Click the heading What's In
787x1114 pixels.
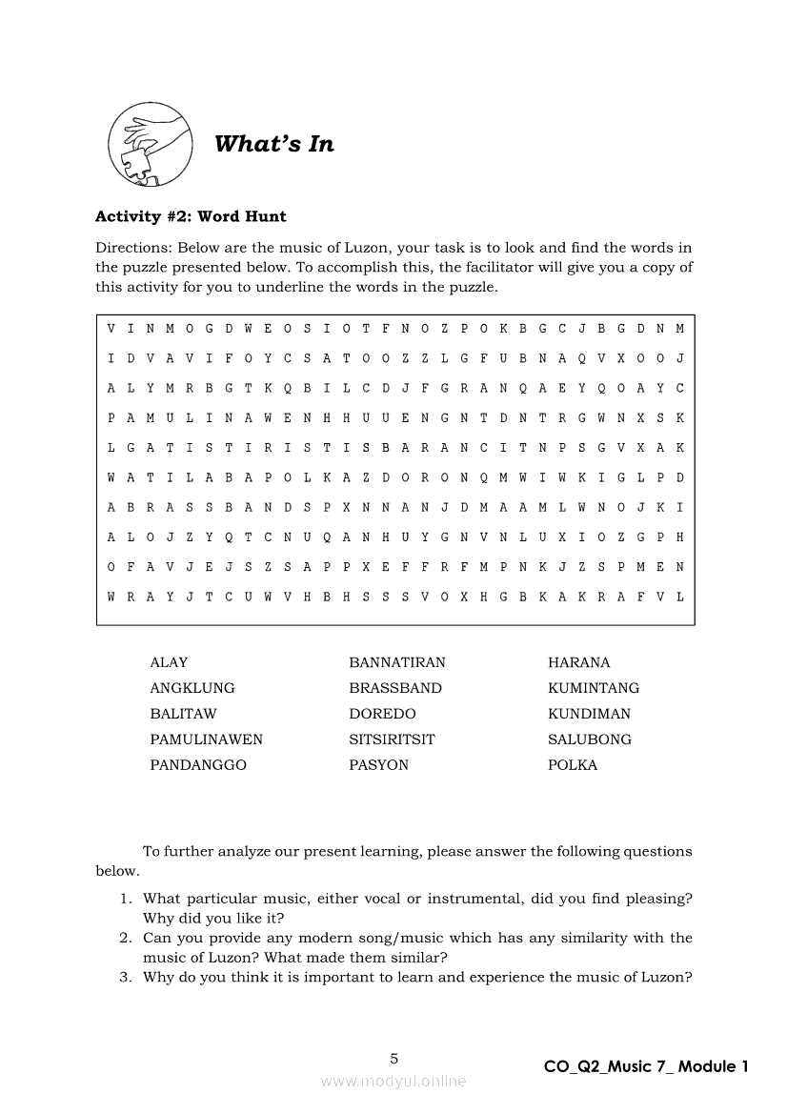(274, 144)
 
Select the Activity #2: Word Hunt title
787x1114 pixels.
(191, 216)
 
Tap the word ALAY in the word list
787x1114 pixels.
(169, 662)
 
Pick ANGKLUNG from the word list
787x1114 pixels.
(192, 688)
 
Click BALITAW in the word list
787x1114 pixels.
(183, 714)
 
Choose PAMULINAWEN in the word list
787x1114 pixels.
(206, 739)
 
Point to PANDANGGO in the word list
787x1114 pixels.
(197, 765)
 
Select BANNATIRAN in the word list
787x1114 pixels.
(396, 662)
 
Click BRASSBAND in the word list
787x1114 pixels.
(395, 688)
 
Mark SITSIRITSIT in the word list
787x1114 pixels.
(392, 739)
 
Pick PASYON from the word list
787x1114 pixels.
(378, 765)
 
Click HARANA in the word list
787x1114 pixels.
(578, 662)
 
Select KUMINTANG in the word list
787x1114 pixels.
(594, 688)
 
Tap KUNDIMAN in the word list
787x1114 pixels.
(589, 714)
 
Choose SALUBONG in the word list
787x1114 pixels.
(589, 739)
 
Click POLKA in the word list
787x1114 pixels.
(573, 765)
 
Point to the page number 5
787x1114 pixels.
(394, 1058)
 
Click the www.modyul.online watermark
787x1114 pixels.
(393, 1082)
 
